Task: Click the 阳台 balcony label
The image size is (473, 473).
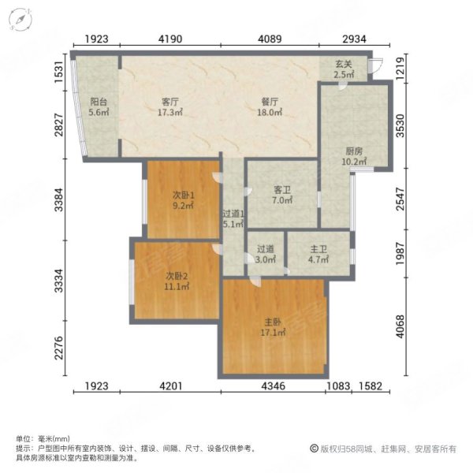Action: click(x=99, y=106)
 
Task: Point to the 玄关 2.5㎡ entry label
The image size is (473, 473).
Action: click(x=344, y=69)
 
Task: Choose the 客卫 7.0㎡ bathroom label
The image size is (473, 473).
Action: click(x=283, y=195)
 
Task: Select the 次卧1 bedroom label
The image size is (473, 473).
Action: click(x=184, y=200)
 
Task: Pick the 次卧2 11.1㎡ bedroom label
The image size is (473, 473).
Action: click(x=176, y=281)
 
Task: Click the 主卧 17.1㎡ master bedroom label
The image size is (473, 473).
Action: click(x=274, y=326)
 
